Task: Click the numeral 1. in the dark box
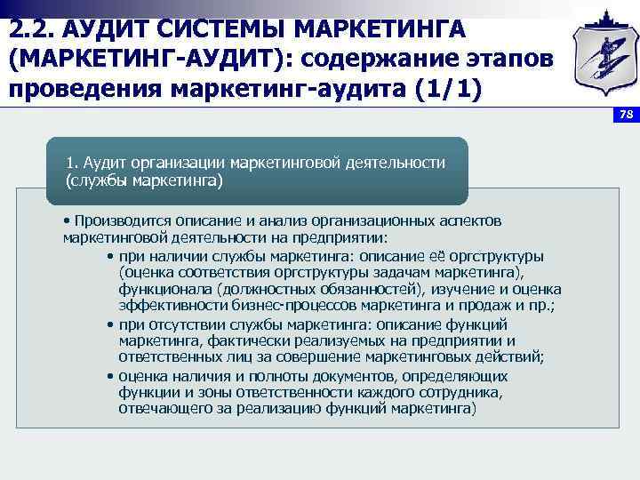click(72, 164)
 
